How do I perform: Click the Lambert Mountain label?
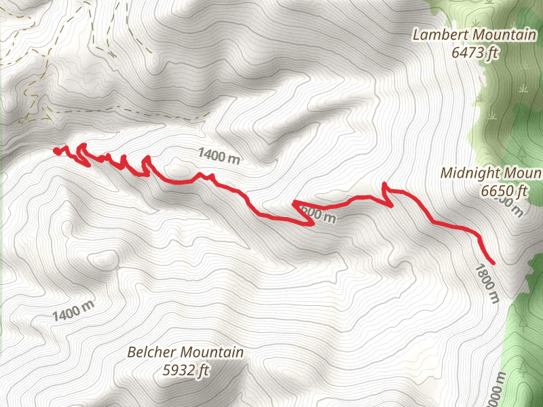(474, 35)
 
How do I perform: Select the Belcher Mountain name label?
(185, 353)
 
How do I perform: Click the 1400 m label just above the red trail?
(219, 156)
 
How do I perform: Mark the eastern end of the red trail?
(492, 262)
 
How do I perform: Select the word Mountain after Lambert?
(503, 35)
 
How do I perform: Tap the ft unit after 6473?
(492, 51)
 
